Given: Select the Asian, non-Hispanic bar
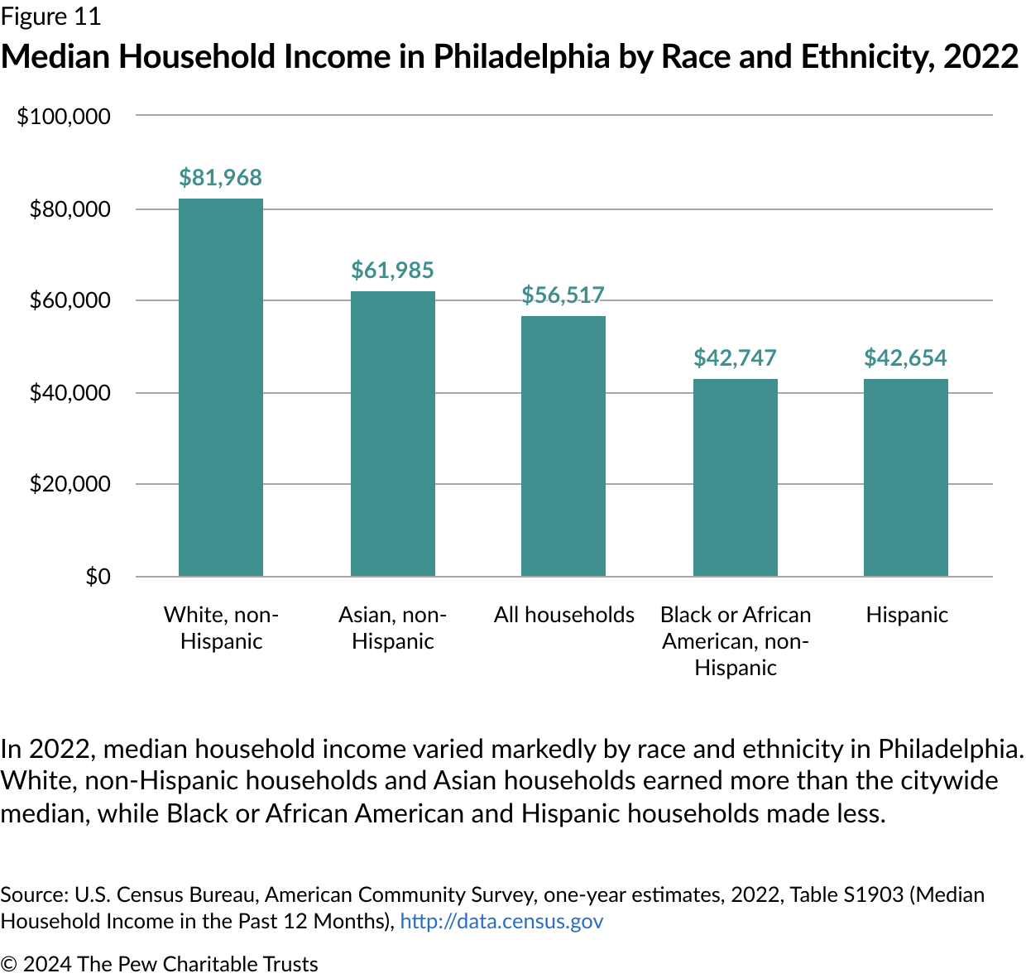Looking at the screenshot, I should point(393,434).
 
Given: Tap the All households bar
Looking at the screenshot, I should point(563,446).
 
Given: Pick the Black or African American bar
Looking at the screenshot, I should point(736,477).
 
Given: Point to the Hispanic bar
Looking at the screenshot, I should point(906,477).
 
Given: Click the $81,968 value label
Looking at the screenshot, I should point(221,178).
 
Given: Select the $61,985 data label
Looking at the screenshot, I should point(393,271).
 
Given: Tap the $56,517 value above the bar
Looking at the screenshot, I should point(563,295).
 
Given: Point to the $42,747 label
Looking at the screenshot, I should point(736,358).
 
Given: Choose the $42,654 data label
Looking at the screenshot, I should point(906,358).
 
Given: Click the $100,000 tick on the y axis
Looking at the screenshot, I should point(64,117).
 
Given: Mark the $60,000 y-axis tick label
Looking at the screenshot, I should point(70,300).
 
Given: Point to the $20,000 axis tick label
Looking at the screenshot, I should point(70,484).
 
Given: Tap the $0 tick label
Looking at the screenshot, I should point(98,577).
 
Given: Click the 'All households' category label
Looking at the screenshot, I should point(564,615).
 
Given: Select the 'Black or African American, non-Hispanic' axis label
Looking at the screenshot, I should point(736,641).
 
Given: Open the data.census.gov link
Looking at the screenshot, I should point(501,922).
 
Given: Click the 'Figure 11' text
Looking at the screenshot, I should point(50,17).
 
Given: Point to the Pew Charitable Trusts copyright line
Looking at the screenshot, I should point(160,965).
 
